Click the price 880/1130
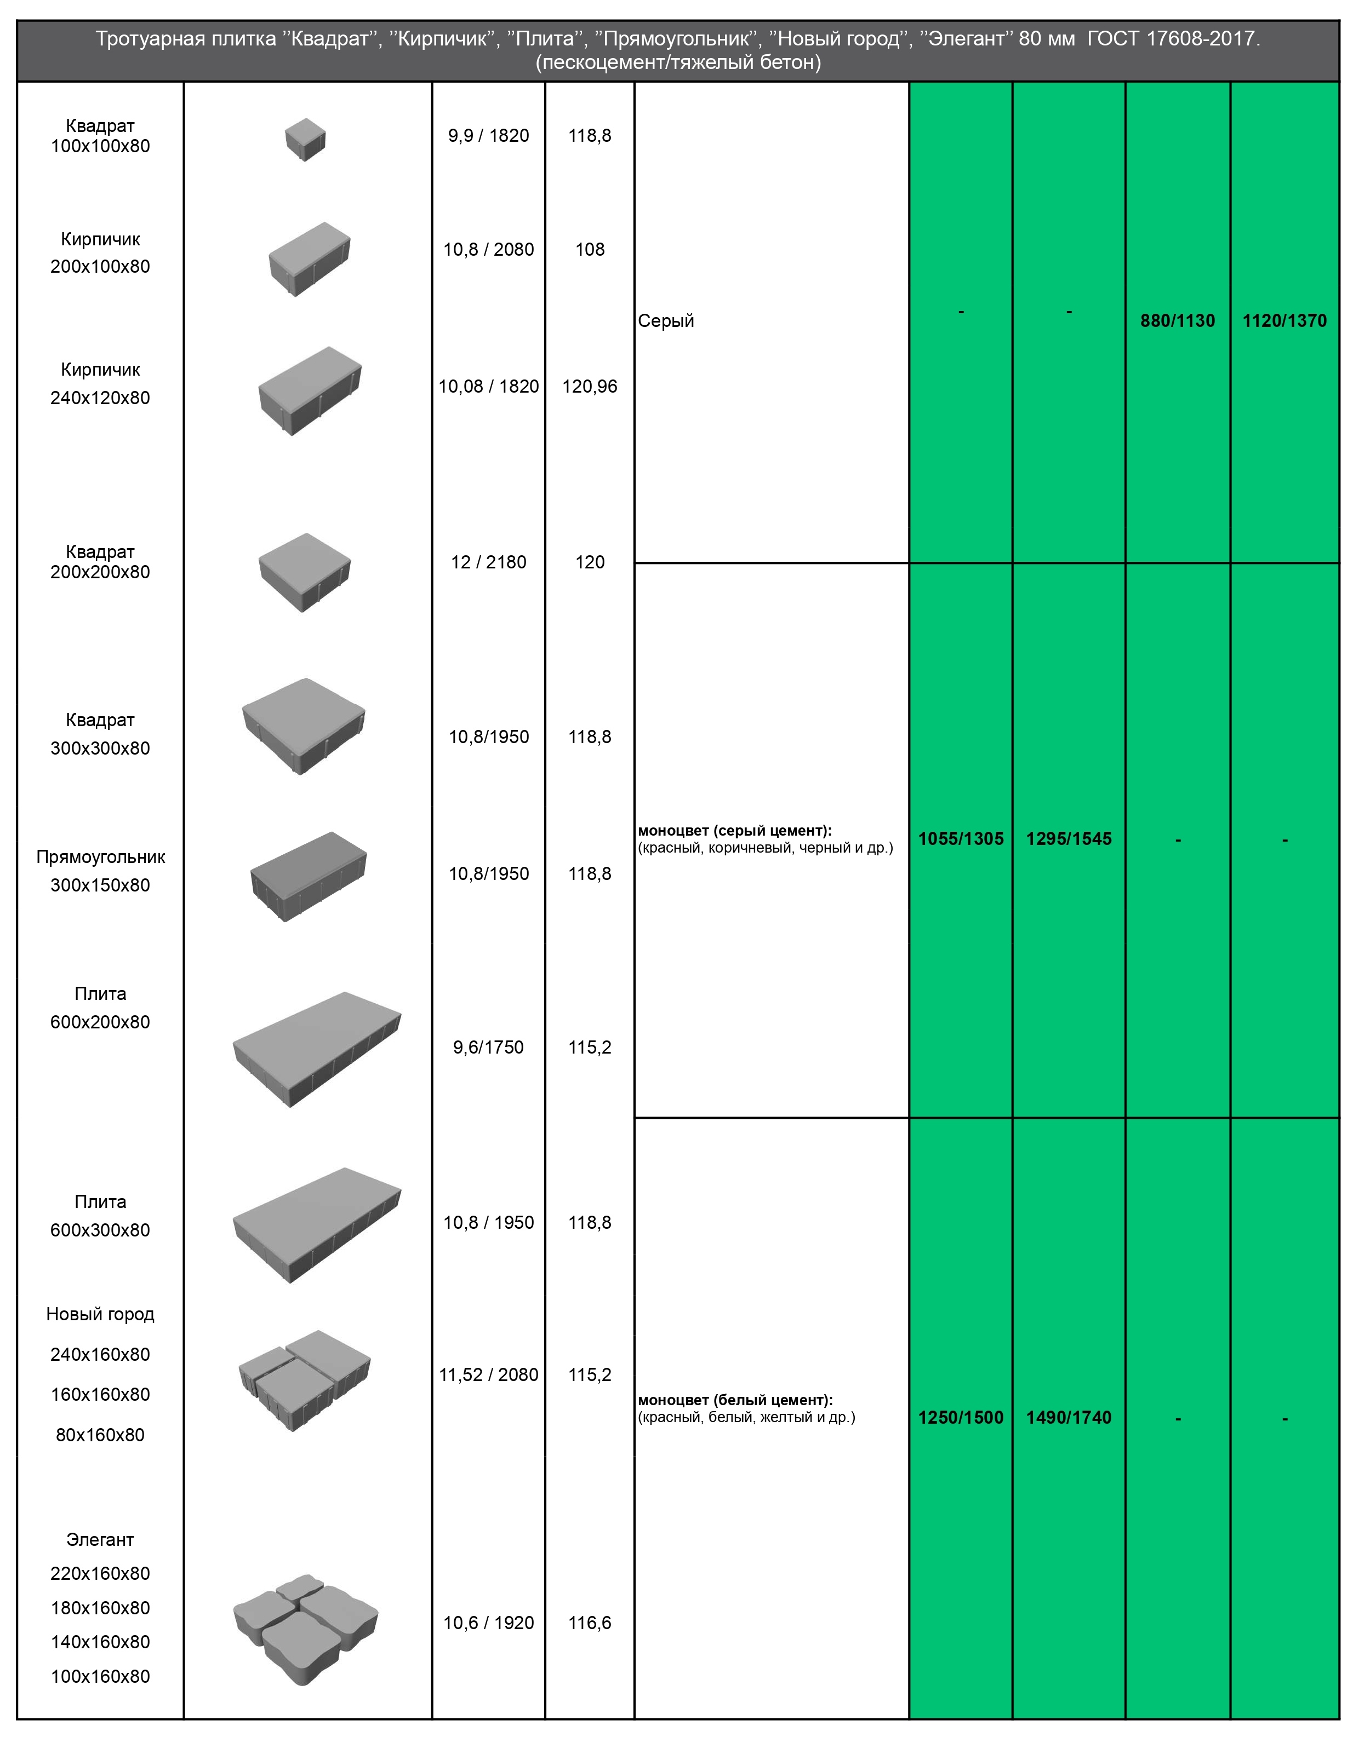tap(1177, 321)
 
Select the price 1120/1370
tap(1284, 321)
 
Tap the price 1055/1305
tap(961, 839)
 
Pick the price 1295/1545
tap(1069, 839)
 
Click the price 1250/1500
tap(961, 1417)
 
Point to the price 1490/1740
tap(1069, 1417)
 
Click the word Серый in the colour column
tap(666, 321)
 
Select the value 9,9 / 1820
tap(489, 136)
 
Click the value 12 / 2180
tap(489, 562)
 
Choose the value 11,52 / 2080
tap(489, 1374)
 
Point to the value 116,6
tap(590, 1623)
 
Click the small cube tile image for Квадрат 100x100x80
tap(305, 140)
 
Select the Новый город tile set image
tap(305, 1380)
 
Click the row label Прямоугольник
tap(101, 857)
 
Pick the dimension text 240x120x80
tap(101, 398)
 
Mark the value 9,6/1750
tap(489, 1047)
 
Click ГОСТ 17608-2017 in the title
tap(1174, 38)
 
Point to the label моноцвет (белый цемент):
tap(735, 1400)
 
